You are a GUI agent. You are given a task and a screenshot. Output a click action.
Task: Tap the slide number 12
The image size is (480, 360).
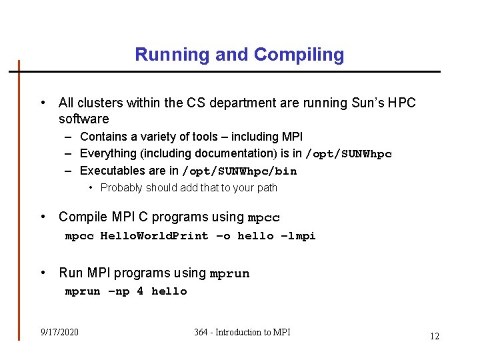[434, 336]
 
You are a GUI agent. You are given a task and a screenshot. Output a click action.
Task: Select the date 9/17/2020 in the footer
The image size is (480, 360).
[59, 332]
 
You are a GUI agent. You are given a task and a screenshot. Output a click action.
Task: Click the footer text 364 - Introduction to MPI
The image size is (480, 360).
[242, 332]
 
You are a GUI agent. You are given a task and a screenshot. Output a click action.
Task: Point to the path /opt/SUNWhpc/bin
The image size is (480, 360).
[239, 171]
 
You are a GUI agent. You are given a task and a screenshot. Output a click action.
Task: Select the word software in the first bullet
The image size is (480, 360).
[83, 119]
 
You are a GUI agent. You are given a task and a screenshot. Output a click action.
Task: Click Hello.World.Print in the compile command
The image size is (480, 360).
[154, 236]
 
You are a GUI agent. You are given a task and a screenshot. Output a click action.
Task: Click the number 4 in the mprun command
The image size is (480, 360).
[140, 291]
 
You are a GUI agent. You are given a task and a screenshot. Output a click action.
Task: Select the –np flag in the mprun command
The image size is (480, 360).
[119, 291]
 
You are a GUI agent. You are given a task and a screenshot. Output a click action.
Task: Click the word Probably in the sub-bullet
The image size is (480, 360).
[121, 188]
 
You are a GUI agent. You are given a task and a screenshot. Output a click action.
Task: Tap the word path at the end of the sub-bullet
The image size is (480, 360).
[267, 188]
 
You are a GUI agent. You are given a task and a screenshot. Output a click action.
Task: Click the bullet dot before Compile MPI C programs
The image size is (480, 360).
[43, 217]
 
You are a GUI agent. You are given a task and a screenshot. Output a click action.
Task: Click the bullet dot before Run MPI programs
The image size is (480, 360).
[43, 273]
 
